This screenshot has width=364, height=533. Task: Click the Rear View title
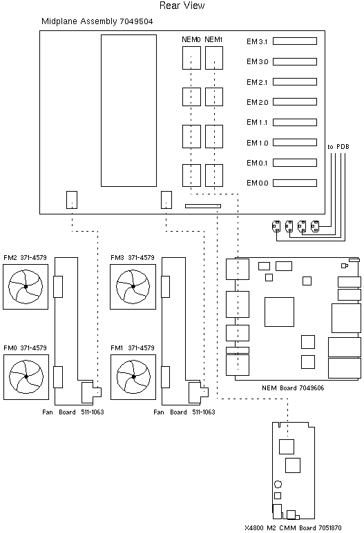coord(182,6)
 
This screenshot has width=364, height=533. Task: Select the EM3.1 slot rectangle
coord(295,41)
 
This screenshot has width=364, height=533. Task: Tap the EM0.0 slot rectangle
coord(295,183)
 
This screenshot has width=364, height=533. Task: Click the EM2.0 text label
coord(258,102)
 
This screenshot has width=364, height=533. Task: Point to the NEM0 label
coord(191,39)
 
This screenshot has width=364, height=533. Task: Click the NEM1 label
coord(213,39)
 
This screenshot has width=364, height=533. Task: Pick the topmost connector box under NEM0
coord(191,58)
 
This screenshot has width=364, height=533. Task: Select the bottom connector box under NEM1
coord(214,175)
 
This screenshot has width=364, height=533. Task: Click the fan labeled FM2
coord(26,287)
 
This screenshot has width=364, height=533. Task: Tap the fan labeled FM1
coord(133,377)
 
